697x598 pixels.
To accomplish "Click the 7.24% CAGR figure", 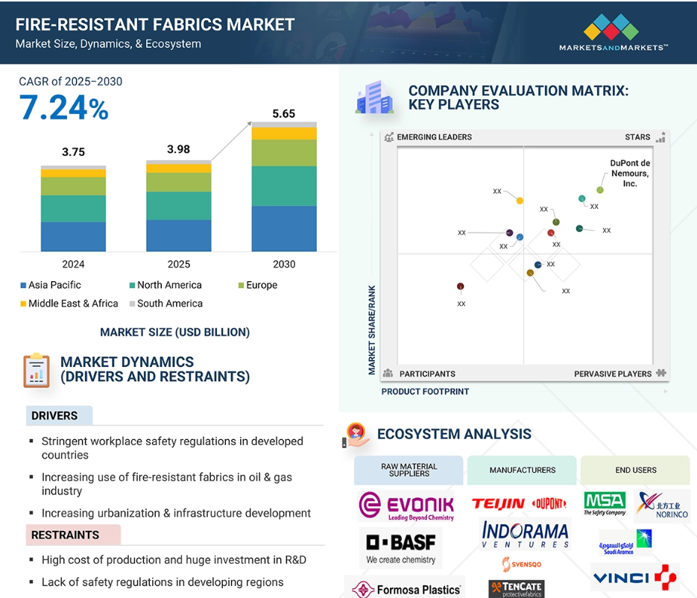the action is pos(63,107).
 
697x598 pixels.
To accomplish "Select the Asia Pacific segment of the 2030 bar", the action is pos(284,228).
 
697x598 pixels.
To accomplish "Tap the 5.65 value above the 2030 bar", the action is pos(283,114).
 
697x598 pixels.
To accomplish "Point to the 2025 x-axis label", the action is pos(179,264).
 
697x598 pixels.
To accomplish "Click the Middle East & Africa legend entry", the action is pos(69,303).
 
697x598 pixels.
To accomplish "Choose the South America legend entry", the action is pos(165,303).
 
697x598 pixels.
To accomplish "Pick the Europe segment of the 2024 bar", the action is pos(73,186).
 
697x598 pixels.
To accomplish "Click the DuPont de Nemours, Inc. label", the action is pos(630,174).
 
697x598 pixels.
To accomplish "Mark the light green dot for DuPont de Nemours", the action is pos(600,190).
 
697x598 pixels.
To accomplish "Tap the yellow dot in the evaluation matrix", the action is pos(520,201).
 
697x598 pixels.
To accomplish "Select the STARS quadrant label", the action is pos(637,137).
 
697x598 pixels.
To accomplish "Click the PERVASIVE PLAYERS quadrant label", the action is pos(613,374).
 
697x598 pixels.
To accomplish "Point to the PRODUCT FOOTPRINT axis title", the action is pos(425,391).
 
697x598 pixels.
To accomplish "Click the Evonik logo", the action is pos(406,506).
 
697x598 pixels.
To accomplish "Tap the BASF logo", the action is pos(400,548).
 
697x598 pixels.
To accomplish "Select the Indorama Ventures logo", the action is pos(525,535).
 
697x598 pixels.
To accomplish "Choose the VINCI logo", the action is pos(635,577).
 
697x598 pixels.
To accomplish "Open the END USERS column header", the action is pos(635,470).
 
